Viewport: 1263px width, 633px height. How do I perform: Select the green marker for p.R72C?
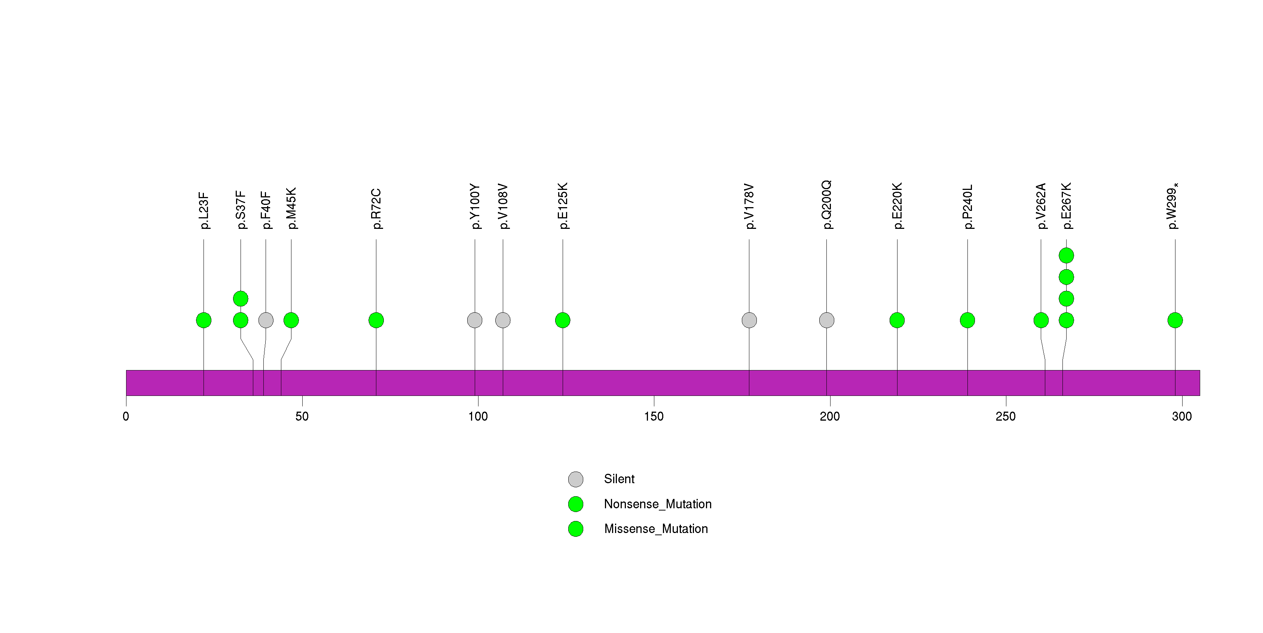pyautogui.click(x=376, y=320)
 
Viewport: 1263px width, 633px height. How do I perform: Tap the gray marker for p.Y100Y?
pyautogui.click(x=475, y=320)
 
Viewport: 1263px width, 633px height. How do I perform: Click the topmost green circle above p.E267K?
pyautogui.click(x=1066, y=256)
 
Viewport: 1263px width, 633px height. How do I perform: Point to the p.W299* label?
pyautogui.click(x=1173, y=206)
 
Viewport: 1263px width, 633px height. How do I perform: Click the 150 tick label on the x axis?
pyautogui.click(x=654, y=417)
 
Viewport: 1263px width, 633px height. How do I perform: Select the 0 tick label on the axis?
pyautogui.click(x=126, y=417)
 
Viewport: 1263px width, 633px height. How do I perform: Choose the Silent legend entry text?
pyautogui.click(x=619, y=479)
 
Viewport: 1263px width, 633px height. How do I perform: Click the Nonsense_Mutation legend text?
pyautogui.click(x=657, y=504)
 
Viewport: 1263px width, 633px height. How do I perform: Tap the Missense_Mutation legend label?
pyautogui.click(x=656, y=528)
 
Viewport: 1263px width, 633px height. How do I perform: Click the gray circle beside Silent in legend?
pyautogui.click(x=576, y=479)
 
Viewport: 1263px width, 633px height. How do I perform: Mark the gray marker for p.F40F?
pyautogui.click(x=266, y=320)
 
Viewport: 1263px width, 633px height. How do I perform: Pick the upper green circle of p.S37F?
pyautogui.click(x=241, y=299)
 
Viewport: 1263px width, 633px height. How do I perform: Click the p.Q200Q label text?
pyautogui.click(x=827, y=205)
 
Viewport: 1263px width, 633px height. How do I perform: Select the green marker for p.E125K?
pyautogui.click(x=563, y=320)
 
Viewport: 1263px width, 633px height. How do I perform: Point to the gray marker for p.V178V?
pyautogui.click(x=749, y=320)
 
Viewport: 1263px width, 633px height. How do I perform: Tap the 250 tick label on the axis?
pyautogui.click(x=1006, y=417)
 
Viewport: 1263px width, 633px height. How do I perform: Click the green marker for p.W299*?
pyautogui.click(x=1175, y=320)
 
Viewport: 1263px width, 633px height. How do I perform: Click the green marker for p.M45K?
pyautogui.click(x=291, y=320)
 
